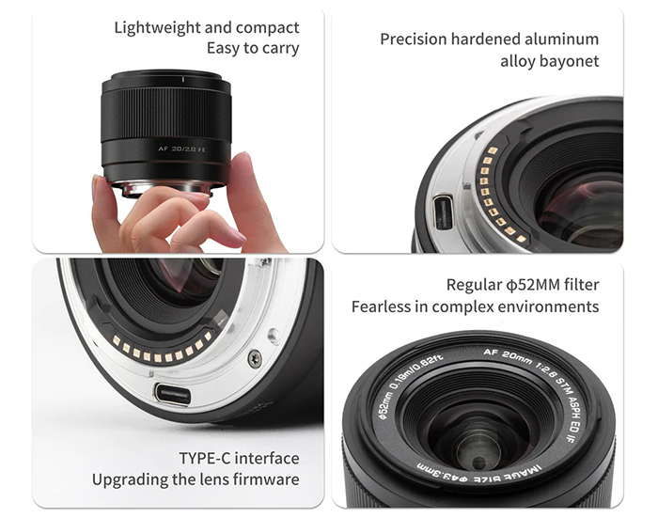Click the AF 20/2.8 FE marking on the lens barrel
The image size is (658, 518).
pos(181,149)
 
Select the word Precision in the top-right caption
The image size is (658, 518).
pos(414,39)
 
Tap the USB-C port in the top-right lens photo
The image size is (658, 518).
pos(444,212)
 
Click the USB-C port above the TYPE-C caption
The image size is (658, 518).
pos(172,394)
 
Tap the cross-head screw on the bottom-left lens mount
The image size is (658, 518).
pos(255,359)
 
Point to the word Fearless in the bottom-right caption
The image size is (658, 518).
pos(381,306)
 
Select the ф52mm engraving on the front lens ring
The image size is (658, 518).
pos(384,405)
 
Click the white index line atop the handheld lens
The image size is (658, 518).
pos(183,79)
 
